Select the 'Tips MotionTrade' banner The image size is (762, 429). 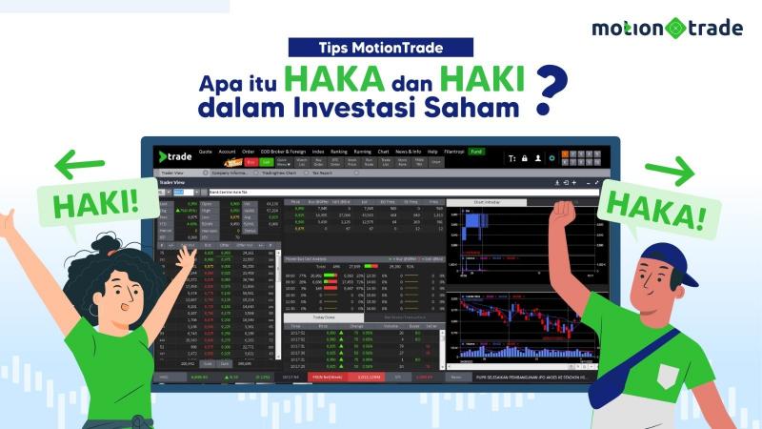pyautogui.click(x=380, y=46)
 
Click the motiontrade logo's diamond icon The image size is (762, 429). pyautogui.click(x=675, y=28)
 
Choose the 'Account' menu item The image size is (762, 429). pyautogui.click(x=227, y=152)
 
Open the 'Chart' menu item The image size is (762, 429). pyautogui.click(x=383, y=152)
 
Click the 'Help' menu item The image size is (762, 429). pyautogui.click(x=432, y=152)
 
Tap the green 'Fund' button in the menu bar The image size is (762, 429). pyautogui.click(x=476, y=152)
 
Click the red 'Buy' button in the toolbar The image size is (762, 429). pyautogui.click(x=251, y=162)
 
